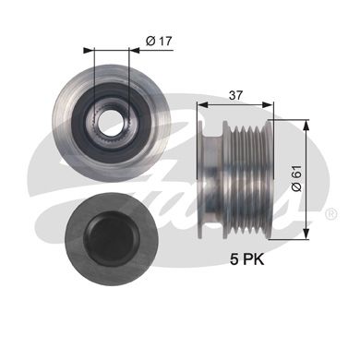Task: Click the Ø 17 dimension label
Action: click(159, 41)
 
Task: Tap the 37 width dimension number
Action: click(235, 95)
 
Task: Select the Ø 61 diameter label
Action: click(297, 178)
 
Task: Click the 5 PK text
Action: click(247, 260)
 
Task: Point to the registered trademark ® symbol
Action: click(330, 214)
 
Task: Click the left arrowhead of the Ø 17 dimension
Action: click(89, 50)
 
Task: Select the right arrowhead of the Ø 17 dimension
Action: click(134, 50)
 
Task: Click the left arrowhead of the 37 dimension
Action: click(202, 104)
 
